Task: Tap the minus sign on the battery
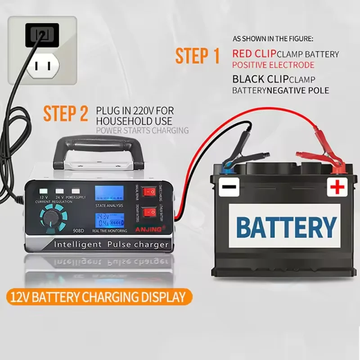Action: click(x=229, y=186)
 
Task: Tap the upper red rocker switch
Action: click(x=147, y=192)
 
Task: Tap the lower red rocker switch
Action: click(x=147, y=211)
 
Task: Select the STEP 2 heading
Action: click(x=66, y=114)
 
